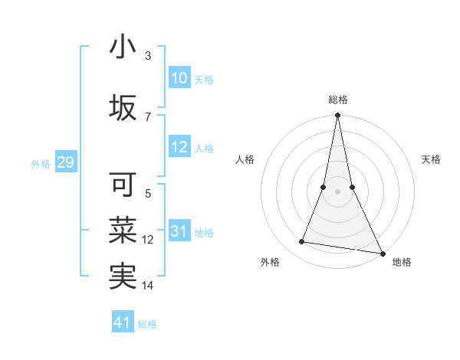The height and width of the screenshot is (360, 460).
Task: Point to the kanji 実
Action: point(123,277)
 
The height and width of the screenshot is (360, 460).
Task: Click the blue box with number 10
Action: point(179,78)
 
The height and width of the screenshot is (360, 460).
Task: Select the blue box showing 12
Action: point(179,148)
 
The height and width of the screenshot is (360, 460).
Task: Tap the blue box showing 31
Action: point(179,232)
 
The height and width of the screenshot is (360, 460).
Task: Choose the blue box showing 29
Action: point(65,162)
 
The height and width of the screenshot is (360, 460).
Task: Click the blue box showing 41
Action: point(123,322)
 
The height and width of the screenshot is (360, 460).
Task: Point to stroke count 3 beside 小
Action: point(148,56)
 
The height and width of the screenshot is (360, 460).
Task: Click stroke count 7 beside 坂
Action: point(148,116)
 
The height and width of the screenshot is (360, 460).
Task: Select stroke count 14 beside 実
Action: point(148,286)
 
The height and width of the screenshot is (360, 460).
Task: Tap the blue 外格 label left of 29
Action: point(40,163)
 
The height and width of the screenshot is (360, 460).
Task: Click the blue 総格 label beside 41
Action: point(147,324)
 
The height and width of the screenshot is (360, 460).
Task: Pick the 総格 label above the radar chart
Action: point(337,100)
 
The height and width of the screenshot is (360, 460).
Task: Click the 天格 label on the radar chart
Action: point(432,159)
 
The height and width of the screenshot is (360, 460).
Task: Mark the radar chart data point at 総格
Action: point(337,116)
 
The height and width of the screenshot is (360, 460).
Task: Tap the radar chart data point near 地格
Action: point(382,253)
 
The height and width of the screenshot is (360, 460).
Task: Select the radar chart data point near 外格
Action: point(302,242)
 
